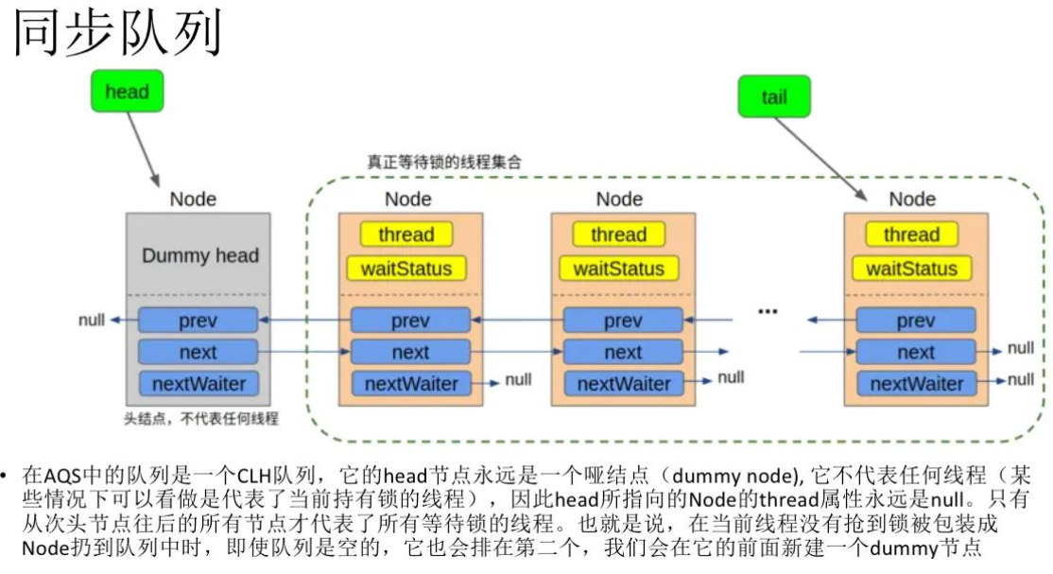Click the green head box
click(127, 92)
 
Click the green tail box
click(773, 96)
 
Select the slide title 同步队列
click(117, 35)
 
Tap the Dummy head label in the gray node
click(199, 255)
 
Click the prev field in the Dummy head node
click(198, 321)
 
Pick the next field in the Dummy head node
click(198, 352)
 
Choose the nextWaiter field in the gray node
click(198, 383)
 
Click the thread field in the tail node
click(911, 235)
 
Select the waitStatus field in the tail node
click(911, 269)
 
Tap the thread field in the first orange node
click(406, 235)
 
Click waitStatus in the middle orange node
click(619, 269)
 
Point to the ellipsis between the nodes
click(768, 310)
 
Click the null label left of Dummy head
click(91, 321)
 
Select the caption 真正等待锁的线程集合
click(444, 162)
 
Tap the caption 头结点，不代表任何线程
click(201, 417)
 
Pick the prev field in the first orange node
click(410, 321)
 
